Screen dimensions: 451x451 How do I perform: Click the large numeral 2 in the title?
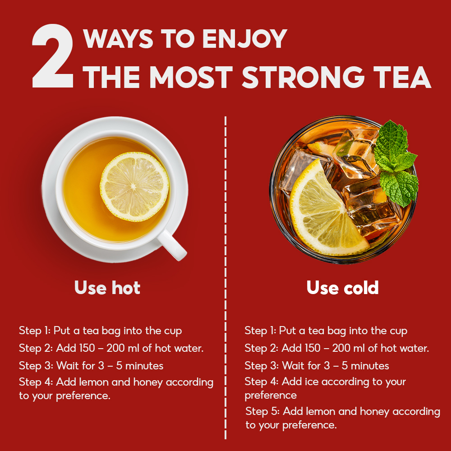pos(53,56)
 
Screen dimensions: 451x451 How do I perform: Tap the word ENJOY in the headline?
pos(244,38)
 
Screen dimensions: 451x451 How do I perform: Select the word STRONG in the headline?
pos(303,77)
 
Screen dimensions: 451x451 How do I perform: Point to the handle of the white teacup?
pos(172,245)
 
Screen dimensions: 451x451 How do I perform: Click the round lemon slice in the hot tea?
pos(134,187)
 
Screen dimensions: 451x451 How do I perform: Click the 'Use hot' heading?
pos(107,288)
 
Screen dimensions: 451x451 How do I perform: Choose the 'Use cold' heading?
pos(343,288)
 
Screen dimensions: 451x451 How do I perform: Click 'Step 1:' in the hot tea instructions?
pos(35,331)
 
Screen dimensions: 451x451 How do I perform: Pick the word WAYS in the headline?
pos(118,38)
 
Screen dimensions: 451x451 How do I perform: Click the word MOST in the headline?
pos(191,77)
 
